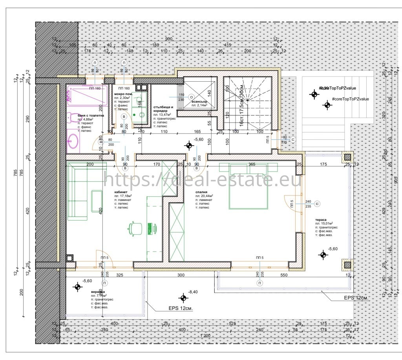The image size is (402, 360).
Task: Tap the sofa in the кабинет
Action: click(78, 192)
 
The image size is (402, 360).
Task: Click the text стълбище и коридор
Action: click(163, 109)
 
